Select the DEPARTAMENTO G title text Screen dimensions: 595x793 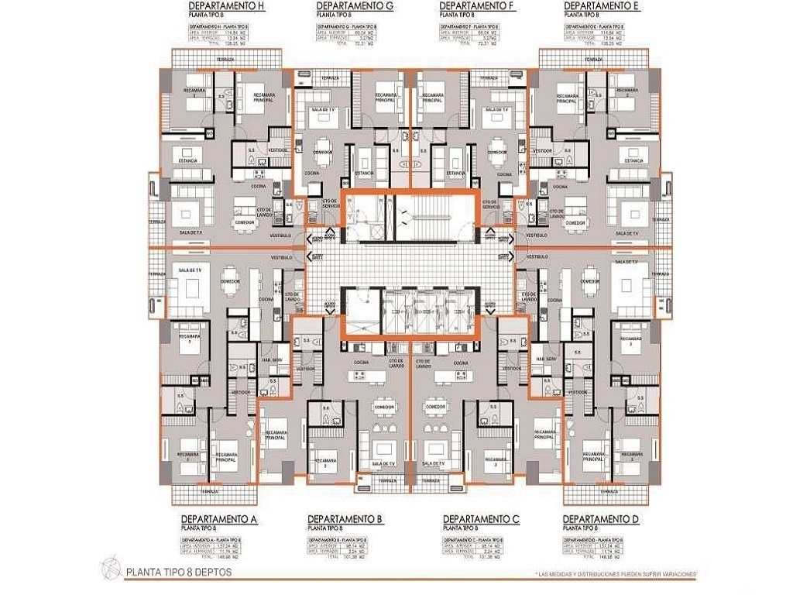pyautogui.click(x=355, y=6)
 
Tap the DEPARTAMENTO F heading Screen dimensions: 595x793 pyautogui.click(x=478, y=6)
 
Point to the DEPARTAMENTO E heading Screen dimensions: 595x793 pyautogui.click(x=602, y=6)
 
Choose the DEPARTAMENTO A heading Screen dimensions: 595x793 pyautogui.click(x=218, y=518)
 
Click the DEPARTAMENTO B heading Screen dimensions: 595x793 pyautogui.click(x=345, y=518)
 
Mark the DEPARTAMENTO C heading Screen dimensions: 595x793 pyautogui.click(x=480, y=518)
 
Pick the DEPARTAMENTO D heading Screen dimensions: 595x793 pyautogui.click(x=601, y=518)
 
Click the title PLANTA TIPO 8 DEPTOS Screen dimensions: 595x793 pyautogui.click(x=177, y=573)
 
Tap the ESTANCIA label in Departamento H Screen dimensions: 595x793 pyautogui.click(x=187, y=160)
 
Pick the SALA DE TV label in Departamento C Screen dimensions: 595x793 pyautogui.click(x=434, y=463)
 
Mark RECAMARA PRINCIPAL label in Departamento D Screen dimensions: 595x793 pyautogui.click(x=597, y=458)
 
